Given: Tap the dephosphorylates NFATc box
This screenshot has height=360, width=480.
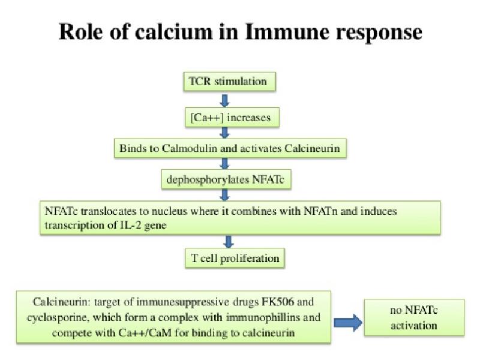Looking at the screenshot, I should [x=224, y=178].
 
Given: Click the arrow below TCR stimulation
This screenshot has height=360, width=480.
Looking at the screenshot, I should [x=226, y=100].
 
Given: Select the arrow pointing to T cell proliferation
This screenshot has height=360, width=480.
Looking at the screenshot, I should [x=228, y=242].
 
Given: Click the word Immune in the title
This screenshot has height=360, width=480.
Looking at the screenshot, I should [x=280, y=32].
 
